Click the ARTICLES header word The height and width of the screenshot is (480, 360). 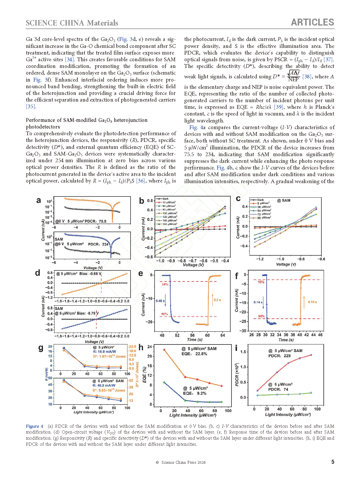click(312, 22)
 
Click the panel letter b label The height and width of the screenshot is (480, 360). click(142, 201)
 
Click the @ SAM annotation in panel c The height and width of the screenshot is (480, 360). click(284, 201)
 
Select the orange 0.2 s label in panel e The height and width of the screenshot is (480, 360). click(217, 300)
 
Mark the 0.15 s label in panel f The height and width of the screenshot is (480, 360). click(312, 302)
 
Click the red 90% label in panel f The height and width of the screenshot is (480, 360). click(261, 316)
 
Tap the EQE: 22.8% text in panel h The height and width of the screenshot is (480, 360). click(194, 354)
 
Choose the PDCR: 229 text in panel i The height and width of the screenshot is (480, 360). click(279, 356)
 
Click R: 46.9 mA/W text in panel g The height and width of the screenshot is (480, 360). click(104, 385)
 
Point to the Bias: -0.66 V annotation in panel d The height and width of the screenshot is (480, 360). click(90, 274)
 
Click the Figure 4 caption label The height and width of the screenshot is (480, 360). click(35, 426)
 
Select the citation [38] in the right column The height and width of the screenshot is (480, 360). click(307, 77)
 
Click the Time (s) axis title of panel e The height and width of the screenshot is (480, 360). click(195, 340)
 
